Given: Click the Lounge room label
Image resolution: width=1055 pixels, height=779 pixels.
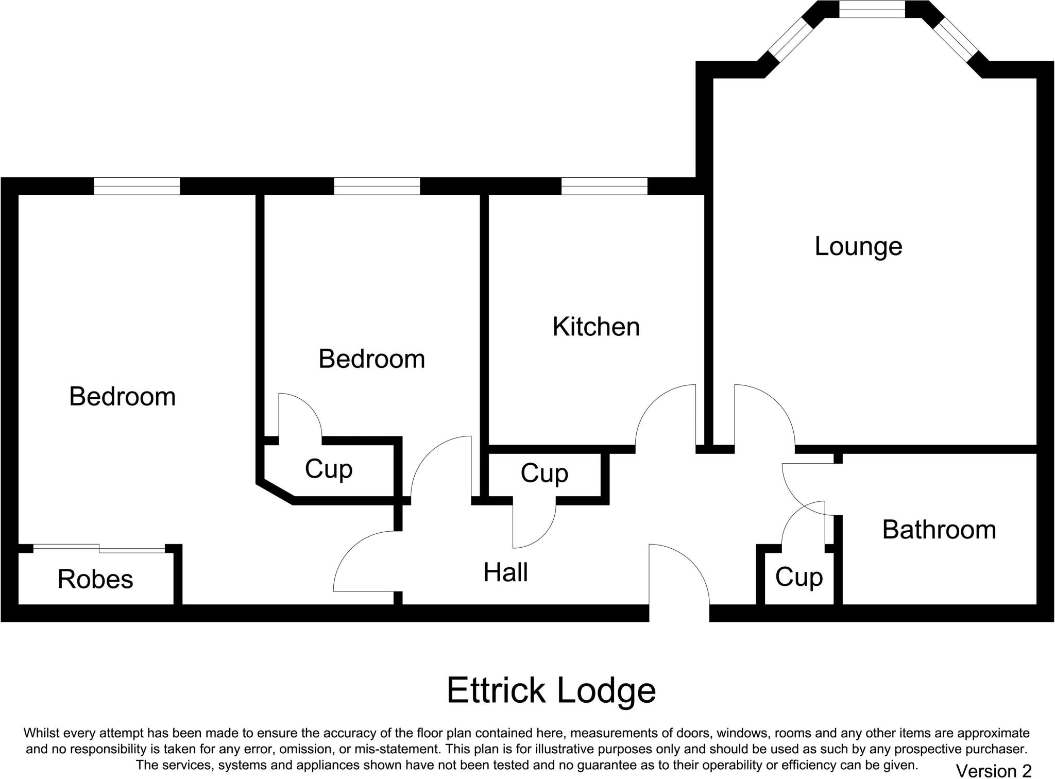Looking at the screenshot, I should click(858, 247).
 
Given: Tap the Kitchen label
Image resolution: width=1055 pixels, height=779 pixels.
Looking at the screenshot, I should click(596, 327).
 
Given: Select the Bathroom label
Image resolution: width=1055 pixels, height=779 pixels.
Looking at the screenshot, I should click(939, 530).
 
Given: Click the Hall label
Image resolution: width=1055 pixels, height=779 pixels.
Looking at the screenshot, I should click(505, 572).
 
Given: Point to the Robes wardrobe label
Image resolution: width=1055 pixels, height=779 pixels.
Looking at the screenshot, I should click(95, 579).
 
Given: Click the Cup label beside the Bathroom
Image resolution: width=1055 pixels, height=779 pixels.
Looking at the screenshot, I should click(798, 578).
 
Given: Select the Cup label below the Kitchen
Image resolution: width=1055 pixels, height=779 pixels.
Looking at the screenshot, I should click(544, 473).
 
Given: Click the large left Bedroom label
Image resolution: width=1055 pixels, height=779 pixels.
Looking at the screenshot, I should click(122, 397).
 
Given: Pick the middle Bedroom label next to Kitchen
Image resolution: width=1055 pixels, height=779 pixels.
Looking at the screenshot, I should click(371, 359).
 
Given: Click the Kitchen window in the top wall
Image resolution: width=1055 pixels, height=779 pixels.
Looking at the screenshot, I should click(604, 186).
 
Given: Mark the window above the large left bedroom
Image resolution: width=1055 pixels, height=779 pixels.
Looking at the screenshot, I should click(137, 186).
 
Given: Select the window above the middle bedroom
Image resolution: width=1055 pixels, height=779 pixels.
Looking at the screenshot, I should click(377, 186).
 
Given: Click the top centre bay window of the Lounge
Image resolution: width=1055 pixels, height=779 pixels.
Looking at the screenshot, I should click(872, 9).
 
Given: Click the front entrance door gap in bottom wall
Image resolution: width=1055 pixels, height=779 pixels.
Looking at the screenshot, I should click(679, 613).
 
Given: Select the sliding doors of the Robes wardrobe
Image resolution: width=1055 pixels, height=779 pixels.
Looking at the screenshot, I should click(99, 549).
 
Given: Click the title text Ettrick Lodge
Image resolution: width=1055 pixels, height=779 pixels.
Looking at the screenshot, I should click(551, 690).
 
